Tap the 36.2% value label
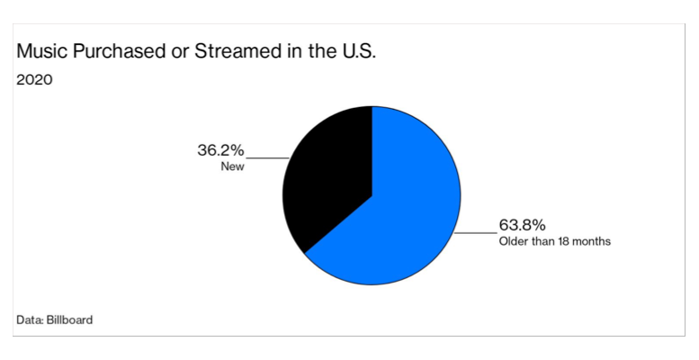point(220,150)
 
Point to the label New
point(233,166)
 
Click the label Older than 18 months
point(554,241)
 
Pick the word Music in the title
point(40,51)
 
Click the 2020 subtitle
point(35,79)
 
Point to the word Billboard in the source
point(70,319)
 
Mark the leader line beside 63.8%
point(477,233)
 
